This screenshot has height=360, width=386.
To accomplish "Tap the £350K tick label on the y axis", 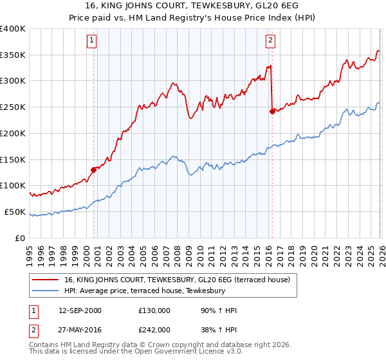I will tap(13, 55).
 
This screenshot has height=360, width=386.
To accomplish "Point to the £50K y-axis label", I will tap(15, 212).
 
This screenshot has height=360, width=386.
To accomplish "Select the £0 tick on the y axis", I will tap(19, 238).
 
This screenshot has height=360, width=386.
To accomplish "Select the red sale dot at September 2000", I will tap(94, 170).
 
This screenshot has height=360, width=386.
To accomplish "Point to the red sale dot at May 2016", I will tap(272, 111).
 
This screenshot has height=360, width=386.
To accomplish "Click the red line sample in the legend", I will tap(46, 280).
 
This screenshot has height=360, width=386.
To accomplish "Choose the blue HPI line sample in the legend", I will tap(46, 291).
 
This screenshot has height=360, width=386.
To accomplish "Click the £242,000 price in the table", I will tap(154, 329).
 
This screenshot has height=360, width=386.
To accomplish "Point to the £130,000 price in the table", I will tap(154, 310).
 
